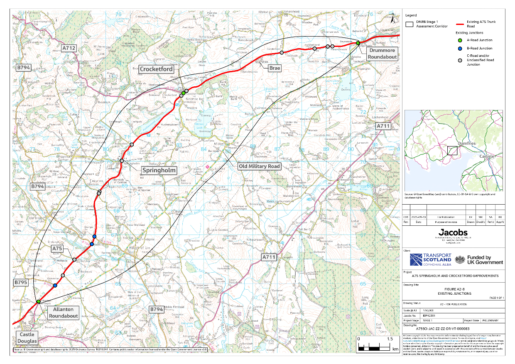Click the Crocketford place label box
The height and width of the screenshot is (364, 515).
coord(156,69)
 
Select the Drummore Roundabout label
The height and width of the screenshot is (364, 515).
coord(381,53)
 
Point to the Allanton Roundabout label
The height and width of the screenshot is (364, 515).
coord(63,313)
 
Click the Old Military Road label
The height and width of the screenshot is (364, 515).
coord(270,166)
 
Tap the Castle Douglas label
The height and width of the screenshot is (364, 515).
coord(27,337)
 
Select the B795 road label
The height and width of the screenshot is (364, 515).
coord(21,283)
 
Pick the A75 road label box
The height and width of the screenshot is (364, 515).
coord(57,248)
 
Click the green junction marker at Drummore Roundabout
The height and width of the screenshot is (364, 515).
coord(358,43)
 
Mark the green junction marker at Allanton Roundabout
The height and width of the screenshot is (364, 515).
coord(38,301)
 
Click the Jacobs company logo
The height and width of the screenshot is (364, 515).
coord(453,232)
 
